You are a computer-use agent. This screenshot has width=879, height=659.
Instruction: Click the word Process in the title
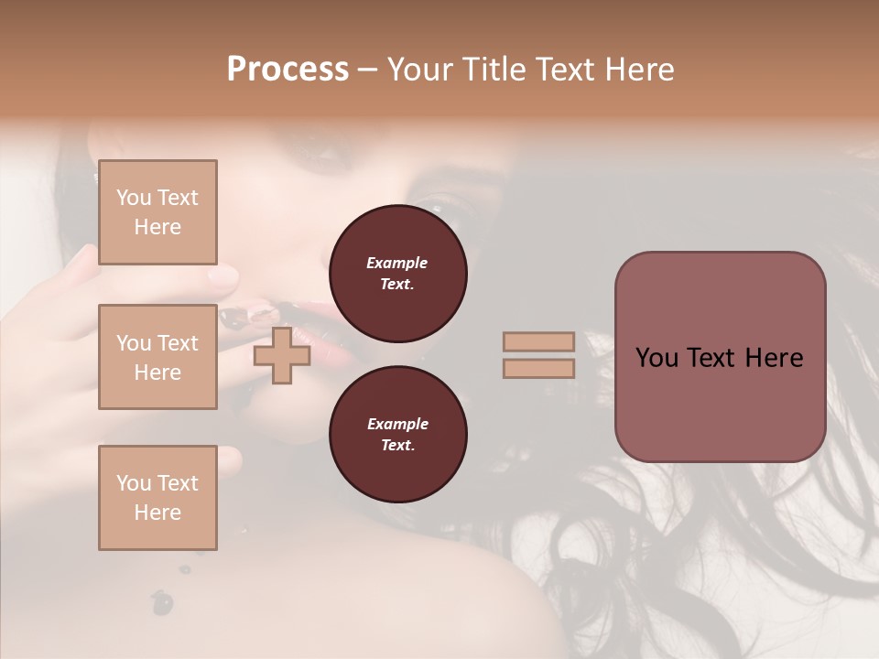pos(288,70)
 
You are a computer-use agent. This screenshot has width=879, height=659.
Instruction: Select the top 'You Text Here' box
pos(157,212)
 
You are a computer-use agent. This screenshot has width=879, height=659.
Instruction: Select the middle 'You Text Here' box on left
pos(157,357)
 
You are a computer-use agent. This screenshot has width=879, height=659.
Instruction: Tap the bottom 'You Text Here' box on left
pos(157,498)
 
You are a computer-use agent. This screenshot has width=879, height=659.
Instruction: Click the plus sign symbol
pos(282,355)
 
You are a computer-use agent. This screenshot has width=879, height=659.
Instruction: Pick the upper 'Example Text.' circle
pos(397,274)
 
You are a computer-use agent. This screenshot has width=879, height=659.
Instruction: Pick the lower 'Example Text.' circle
pos(397,435)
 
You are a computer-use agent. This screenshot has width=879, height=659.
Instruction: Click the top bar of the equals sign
pos(538,341)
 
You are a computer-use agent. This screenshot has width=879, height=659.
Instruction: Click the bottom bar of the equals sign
pos(538,368)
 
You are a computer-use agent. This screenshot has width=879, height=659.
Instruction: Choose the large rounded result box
pos(720,357)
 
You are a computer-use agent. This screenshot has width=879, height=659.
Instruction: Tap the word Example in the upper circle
pos(397,263)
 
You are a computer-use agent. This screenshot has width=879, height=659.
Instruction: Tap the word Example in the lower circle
pos(397,424)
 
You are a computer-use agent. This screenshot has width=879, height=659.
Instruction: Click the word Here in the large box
pos(774,358)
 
